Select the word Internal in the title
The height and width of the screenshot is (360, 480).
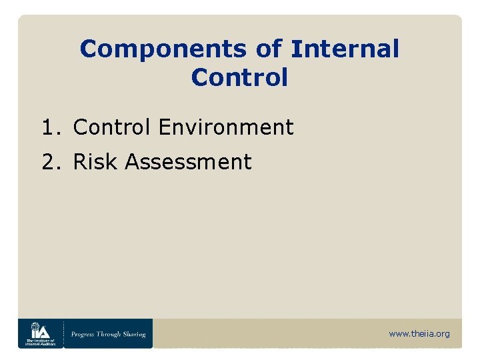pos(345,49)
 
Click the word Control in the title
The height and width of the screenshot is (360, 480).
pos(239,77)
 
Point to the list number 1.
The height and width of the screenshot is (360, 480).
pos(48,127)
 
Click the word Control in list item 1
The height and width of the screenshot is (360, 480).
pos(113,127)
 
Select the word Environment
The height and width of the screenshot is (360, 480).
pos(226,127)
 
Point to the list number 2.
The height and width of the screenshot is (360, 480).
pos(48,161)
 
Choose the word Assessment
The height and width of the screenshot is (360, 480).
pos(188,161)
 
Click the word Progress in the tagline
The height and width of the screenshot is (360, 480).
pos(86,334)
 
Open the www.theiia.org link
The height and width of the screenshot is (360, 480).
pos(419,333)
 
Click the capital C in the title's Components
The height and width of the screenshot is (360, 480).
pos(88,49)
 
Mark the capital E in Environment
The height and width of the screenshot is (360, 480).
pos(165,127)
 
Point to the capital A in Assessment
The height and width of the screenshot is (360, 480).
pos(132,161)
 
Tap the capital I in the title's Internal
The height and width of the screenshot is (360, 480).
pos(294,49)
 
